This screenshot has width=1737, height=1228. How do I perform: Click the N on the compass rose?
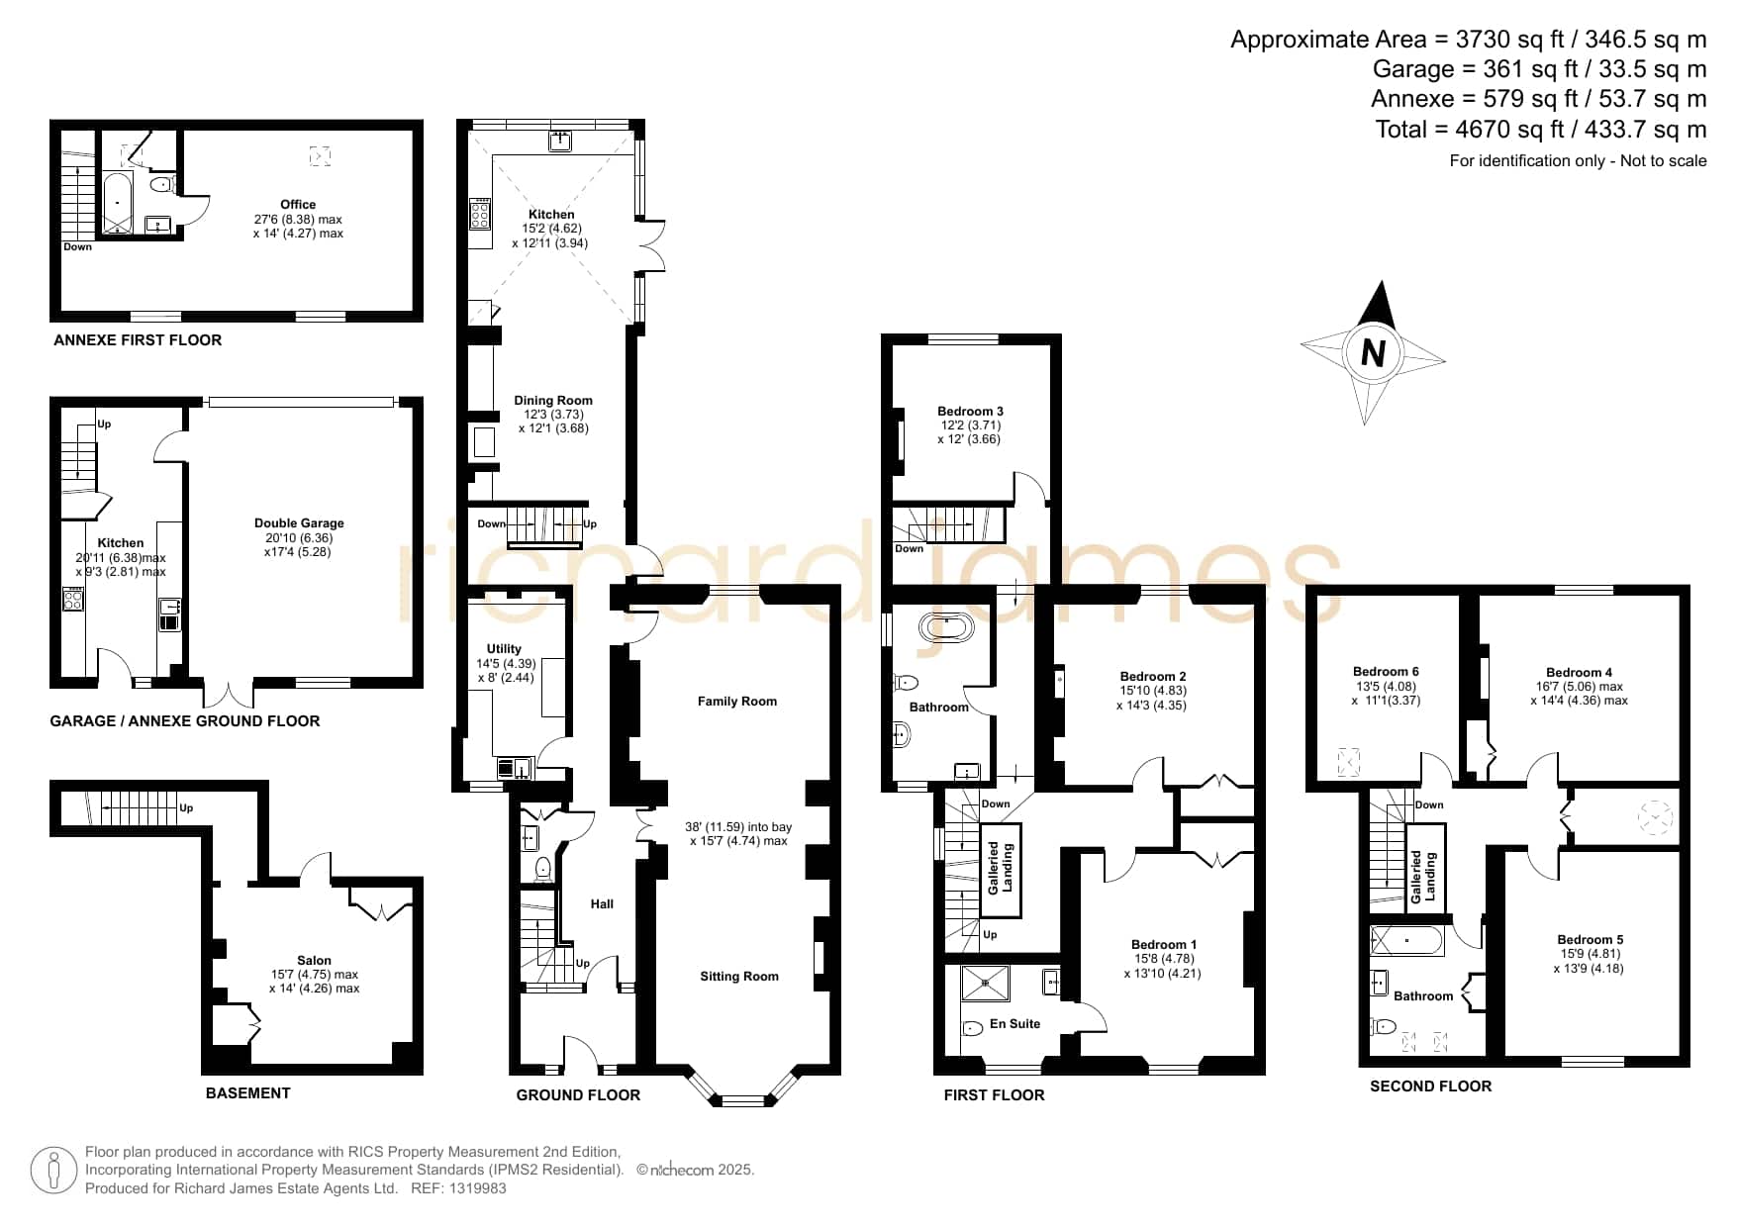coord(1373,352)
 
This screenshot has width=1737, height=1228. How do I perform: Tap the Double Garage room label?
coord(299,523)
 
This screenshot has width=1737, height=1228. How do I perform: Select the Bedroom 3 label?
coord(970,412)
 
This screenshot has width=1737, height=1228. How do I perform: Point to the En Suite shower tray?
coord(986,983)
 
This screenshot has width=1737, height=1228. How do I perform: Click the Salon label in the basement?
coord(314,961)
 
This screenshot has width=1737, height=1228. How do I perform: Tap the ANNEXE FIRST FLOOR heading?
coord(138,340)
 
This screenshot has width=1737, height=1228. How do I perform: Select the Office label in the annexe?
coord(298,205)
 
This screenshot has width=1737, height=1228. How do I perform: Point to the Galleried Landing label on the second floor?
coord(1422,876)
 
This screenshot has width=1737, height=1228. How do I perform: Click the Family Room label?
coord(737,702)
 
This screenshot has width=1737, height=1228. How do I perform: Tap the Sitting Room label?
coord(739,977)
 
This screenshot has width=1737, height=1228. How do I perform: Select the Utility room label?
coord(504,649)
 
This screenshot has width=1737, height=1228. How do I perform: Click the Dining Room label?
coord(553,401)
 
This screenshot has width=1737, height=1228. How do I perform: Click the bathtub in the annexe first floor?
coord(118,203)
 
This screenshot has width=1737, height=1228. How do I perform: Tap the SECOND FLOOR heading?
coord(1430,1086)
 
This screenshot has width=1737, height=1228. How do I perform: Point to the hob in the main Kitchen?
coord(480,214)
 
